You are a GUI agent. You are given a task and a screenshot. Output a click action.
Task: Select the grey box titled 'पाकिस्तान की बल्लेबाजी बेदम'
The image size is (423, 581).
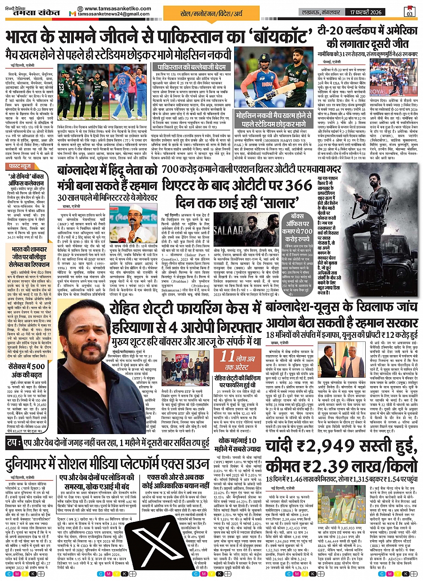coord(181,67)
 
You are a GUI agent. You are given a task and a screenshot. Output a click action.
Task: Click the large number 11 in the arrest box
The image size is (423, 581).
coord(226,357)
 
